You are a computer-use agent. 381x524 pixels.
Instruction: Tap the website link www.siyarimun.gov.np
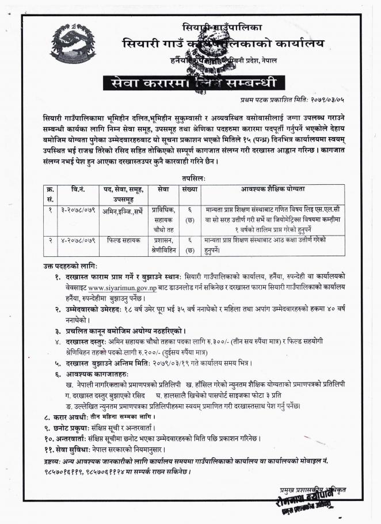[x=122, y=287]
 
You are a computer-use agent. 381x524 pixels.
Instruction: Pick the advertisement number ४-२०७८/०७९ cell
[x=78, y=238]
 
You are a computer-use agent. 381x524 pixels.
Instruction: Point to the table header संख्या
[x=189, y=189]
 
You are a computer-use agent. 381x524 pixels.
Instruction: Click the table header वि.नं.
[x=78, y=189]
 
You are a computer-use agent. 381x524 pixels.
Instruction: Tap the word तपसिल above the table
[x=192, y=179]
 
